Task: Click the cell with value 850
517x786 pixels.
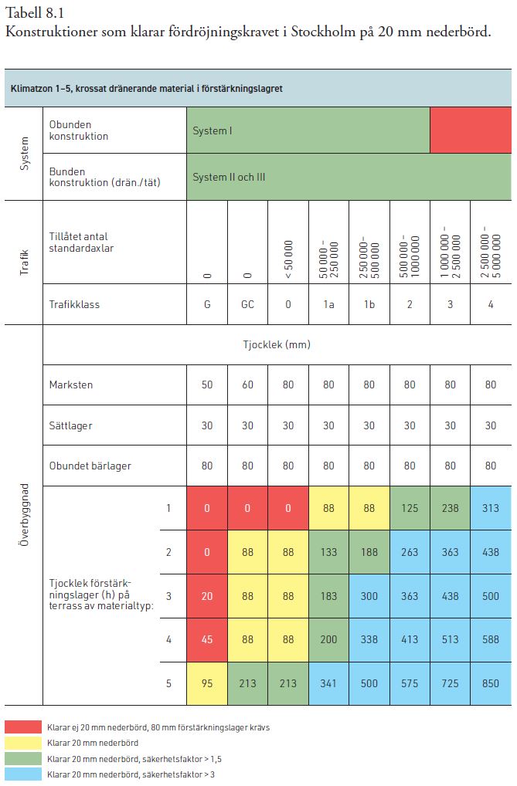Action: tap(491, 683)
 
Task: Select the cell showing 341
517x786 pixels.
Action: tap(328, 683)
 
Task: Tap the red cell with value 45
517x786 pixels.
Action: tap(207, 639)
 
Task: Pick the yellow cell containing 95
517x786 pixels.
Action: tap(207, 683)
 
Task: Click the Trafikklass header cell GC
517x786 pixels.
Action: tap(247, 304)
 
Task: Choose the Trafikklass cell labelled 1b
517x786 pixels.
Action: tap(369, 304)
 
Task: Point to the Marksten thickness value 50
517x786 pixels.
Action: tap(207, 385)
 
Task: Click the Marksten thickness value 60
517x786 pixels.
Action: tap(247, 385)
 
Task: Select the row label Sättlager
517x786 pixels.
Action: tap(71, 425)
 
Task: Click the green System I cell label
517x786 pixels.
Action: tap(213, 130)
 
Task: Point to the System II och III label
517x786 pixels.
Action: tap(229, 177)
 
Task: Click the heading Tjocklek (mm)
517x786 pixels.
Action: tap(277, 345)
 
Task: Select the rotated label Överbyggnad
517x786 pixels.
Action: tap(25, 515)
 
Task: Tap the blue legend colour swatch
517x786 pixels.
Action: tap(23, 774)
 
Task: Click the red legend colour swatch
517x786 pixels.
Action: tap(23, 727)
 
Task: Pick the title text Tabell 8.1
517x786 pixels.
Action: tap(35, 12)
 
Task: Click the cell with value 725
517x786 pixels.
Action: tap(450, 683)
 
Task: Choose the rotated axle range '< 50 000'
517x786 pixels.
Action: tap(288, 259)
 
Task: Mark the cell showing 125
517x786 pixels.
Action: tap(410, 508)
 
